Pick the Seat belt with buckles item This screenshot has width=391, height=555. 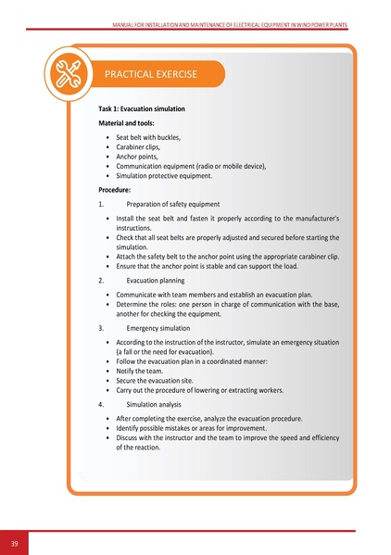148,137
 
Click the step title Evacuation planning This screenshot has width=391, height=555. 155,280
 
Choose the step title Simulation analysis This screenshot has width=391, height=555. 155,405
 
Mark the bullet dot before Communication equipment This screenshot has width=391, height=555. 108,166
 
